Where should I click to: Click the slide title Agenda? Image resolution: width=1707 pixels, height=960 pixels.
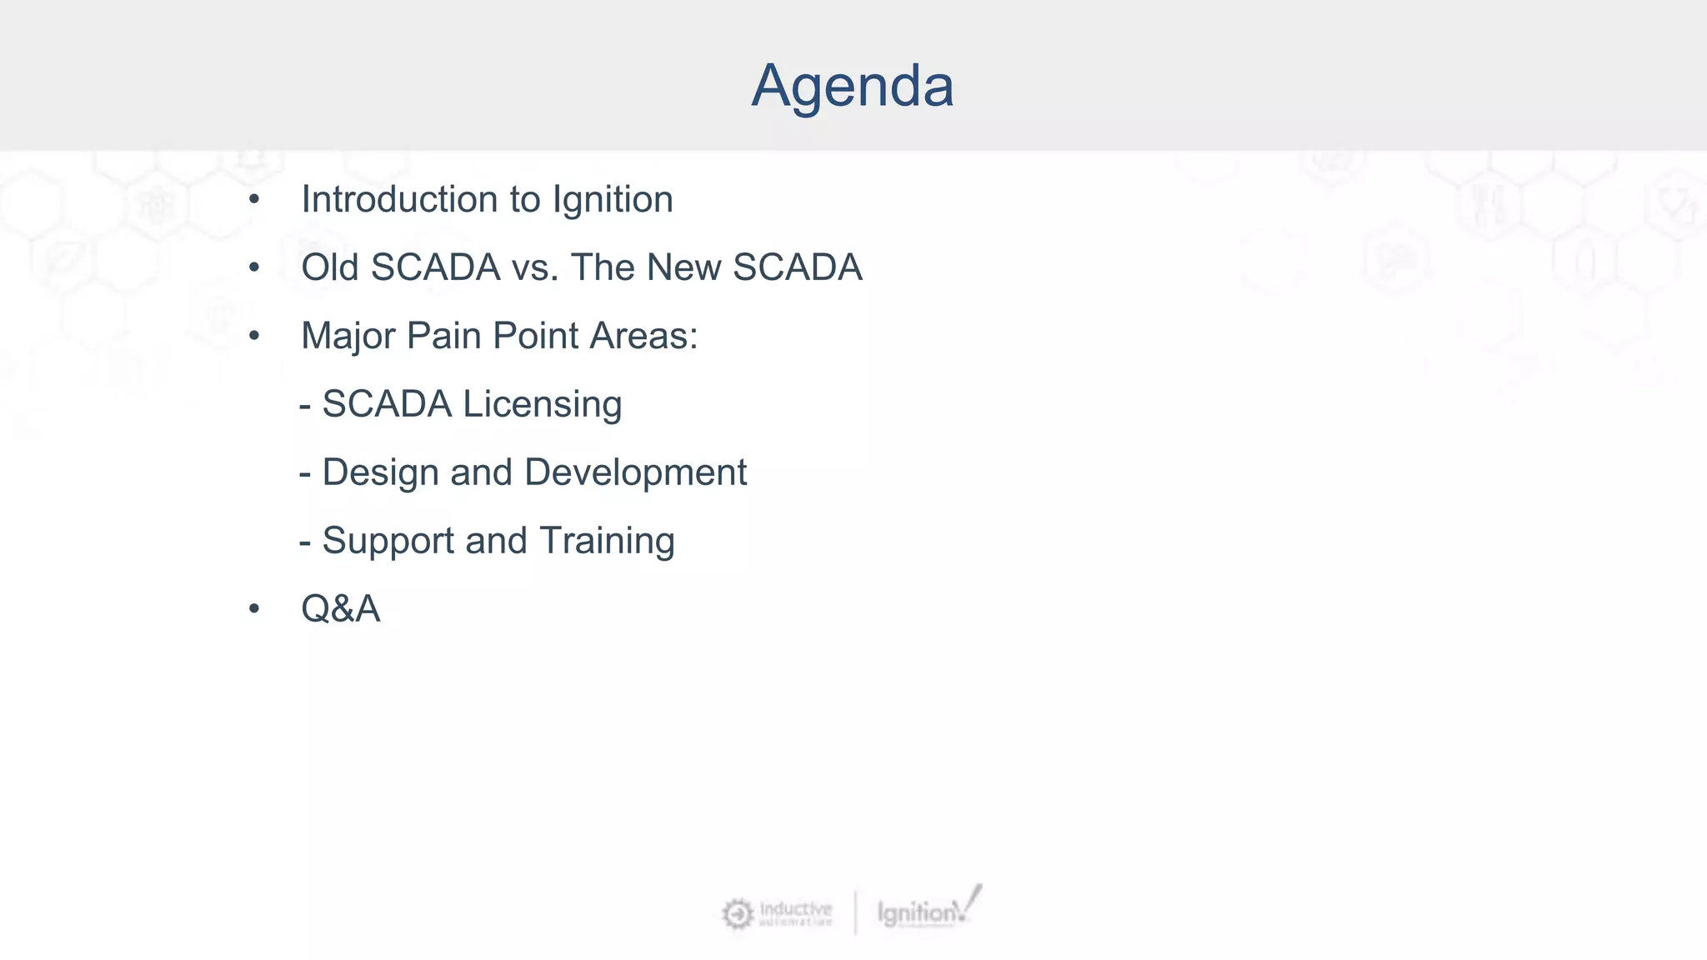[x=852, y=86]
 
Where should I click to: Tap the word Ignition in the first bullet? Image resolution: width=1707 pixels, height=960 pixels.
[x=613, y=200]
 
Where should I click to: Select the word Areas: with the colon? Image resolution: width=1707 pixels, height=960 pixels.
[x=643, y=337]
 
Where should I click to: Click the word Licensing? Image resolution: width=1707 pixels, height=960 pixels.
[x=542, y=405]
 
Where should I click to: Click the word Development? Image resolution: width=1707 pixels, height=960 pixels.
[x=635, y=473]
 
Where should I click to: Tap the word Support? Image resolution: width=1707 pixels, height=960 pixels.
[x=388, y=542]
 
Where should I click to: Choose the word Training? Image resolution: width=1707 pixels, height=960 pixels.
[x=606, y=542]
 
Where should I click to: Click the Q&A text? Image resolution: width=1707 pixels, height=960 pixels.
[x=340, y=609]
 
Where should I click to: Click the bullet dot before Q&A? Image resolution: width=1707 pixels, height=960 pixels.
[x=254, y=609]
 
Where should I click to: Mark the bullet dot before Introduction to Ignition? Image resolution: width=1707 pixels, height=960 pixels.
[x=254, y=200]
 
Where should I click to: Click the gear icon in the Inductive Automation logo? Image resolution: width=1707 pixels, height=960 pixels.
[x=738, y=914]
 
